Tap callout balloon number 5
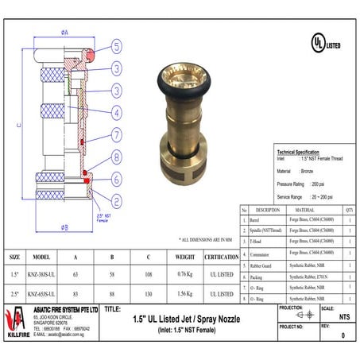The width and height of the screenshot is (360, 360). pos(116,46)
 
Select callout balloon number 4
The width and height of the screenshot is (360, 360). pos(116,111)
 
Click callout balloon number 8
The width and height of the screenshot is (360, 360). pos(116,158)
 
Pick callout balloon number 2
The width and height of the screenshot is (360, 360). pos(116,200)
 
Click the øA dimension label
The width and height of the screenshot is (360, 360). pos(64,33)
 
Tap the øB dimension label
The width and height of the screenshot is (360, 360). pos(64,229)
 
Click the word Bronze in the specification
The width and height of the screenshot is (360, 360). pos(309,170)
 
